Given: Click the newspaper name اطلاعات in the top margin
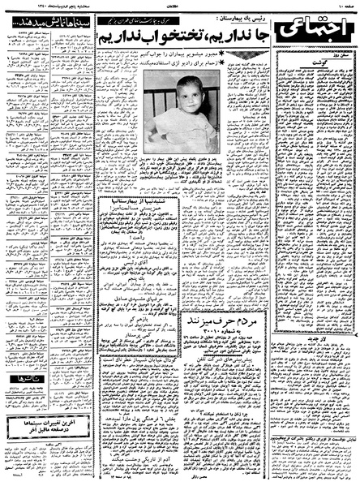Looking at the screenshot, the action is (180, 6).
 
